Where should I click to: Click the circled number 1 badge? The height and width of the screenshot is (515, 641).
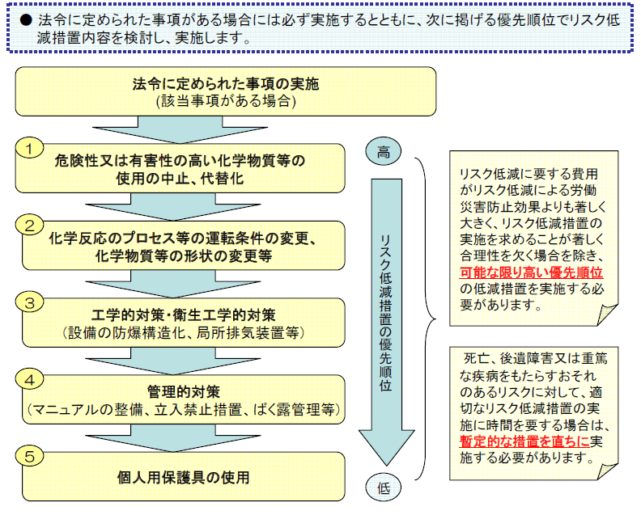coord(29,148)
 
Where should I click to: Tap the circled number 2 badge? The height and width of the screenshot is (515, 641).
coord(29,225)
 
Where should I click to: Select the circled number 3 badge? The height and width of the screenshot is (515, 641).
coord(29,302)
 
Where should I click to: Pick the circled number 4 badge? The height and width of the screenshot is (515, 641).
coord(29,379)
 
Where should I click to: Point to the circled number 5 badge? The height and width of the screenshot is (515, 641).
coord(29,456)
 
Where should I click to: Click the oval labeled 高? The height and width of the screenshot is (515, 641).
coord(383,151)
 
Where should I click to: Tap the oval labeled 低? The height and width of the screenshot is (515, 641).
coord(383,488)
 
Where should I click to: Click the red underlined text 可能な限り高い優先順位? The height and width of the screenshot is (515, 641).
coord(531,272)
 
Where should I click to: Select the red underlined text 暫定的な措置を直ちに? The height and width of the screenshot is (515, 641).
coord(524,441)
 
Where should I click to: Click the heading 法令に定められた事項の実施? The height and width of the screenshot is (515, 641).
coord(225,84)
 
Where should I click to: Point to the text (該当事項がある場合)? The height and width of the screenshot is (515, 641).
coord(226,101)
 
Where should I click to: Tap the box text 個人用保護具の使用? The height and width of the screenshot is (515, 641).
coord(183,477)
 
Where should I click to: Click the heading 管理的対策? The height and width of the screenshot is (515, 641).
coord(183,391)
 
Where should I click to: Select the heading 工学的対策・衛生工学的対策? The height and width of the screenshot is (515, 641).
coord(183,314)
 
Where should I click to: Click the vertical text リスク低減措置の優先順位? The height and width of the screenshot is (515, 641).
coord(385,313)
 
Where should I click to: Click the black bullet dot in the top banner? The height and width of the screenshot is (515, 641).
coord(26,20)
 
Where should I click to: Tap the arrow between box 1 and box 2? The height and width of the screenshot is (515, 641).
coord(173,207)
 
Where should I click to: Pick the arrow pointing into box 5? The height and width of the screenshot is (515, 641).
coord(173,438)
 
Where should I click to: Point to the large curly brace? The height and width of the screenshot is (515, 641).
coord(426,319)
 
